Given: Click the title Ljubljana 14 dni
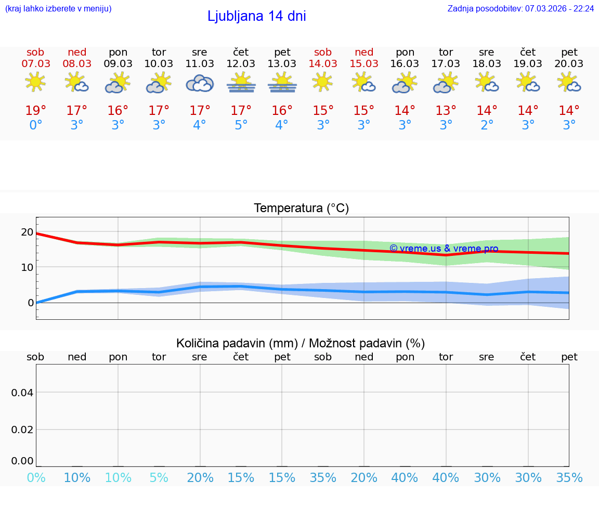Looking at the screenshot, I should click(256, 16).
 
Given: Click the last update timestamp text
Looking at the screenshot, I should click(520, 9).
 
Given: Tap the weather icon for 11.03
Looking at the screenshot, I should click(200, 83).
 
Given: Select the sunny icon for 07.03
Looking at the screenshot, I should click(35, 82).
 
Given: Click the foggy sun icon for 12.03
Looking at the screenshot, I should click(241, 83).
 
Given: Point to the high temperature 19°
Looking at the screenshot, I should click(35, 111).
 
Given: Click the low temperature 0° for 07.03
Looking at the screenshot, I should click(35, 125).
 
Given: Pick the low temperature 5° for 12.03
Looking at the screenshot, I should click(241, 125).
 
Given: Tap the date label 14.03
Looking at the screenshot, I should click(323, 64).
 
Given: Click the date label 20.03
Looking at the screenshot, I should click(569, 64).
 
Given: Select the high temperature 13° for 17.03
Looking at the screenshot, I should click(446, 111).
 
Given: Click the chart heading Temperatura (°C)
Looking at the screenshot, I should click(301, 209).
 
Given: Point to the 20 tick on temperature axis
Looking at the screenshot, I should click(27, 232).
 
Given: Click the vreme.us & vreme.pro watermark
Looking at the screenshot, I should click(444, 249).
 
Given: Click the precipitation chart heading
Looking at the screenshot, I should click(301, 343).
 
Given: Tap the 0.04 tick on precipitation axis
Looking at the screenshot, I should click(22, 393).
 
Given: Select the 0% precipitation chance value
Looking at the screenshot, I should click(36, 478).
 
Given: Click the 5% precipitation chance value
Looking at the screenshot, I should click(159, 478).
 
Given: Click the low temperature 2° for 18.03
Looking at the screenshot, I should click(487, 125).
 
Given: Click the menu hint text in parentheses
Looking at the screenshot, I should click(58, 9).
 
